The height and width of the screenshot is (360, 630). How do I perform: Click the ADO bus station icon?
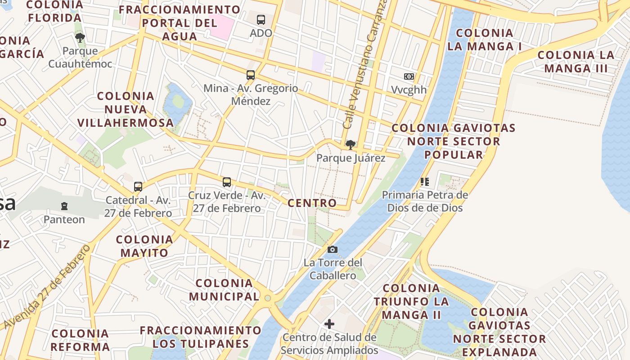pyautogui.click(x=261, y=20)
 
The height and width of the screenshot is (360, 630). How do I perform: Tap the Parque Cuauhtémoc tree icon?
pyautogui.click(x=80, y=38)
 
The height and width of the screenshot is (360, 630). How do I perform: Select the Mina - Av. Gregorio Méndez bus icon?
pyautogui.click(x=251, y=75)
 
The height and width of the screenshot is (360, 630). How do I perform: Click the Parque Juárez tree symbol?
pyautogui.click(x=350, y=145)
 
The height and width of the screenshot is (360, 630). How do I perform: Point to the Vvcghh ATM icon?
pyautogui.click(x=409, y=76)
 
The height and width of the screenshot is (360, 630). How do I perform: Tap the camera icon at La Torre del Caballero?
pyautogui.click(x=333, y=249)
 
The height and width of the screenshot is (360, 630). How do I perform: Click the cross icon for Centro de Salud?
pyautogui.click(x=329, y=324)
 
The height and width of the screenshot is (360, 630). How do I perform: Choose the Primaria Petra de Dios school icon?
pyautogui.click(x=424, y=182)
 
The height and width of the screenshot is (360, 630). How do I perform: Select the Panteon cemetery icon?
pyautogui.click(x=64, y=206)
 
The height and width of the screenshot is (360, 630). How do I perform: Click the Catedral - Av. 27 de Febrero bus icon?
pyautogui.click(x=138, y=187)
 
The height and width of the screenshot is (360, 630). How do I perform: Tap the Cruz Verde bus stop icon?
pyautogui.click(x=227, y=182)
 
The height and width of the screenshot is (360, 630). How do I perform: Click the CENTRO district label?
pyautogui.click(x=312, y=203)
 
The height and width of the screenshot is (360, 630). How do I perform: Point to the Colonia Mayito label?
pyautogui.click(x=144, y=246)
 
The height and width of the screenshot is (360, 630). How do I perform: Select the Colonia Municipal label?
pyautogui.click(x=224, y=290)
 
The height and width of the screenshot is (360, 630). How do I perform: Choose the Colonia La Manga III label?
pyautogui.click(x=576, y=62)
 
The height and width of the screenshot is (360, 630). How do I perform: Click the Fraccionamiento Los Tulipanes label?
pyautogui.click(x=200, y=337)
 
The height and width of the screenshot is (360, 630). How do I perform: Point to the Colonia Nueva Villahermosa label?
pyautogui.click(x=126, y=109)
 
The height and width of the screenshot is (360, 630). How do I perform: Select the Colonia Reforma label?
pyautogui.click(x=80, y=340)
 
